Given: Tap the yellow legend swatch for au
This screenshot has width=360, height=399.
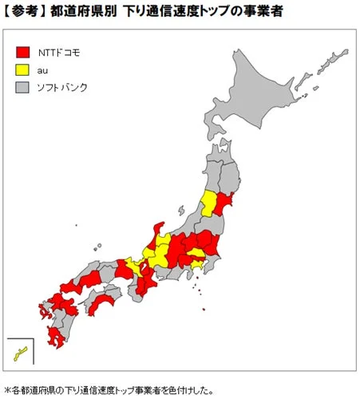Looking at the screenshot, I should [x=23, y=70].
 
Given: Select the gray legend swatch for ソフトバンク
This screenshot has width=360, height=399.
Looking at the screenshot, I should [x=23, y=88].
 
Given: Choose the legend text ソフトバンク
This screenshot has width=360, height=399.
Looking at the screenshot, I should [x=62, y=88].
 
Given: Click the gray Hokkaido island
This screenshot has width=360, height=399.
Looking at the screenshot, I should [x=271, y=96].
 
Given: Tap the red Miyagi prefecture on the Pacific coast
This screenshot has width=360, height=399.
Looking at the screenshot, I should [x=224, y=201].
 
